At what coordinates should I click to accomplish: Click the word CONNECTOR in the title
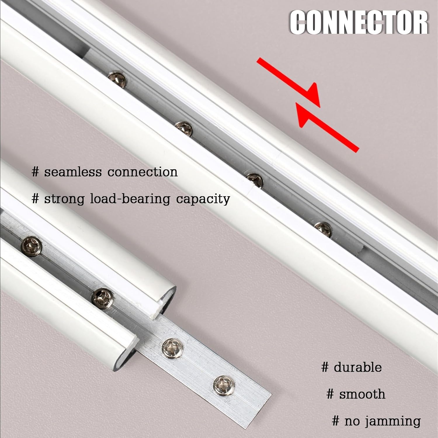click(359, 23)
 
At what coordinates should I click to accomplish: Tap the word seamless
click(73, 172)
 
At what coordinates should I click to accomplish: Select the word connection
click(142, 172)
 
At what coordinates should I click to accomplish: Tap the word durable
click(358, 367)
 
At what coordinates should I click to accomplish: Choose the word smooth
click(362, 394)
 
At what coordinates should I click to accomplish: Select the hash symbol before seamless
click(35, 172)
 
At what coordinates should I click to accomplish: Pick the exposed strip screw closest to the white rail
click(173, 347)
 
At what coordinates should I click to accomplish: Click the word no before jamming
click(352, 421)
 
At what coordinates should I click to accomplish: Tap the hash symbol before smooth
click(330, 394)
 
